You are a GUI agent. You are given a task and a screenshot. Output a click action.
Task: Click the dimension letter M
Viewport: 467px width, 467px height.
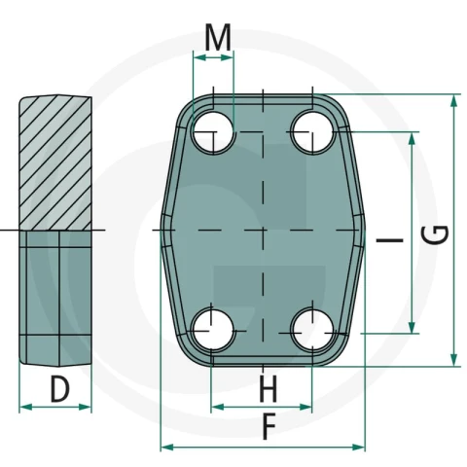coord(218,37)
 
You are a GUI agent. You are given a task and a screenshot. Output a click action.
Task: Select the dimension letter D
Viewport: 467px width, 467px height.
coord(60,389)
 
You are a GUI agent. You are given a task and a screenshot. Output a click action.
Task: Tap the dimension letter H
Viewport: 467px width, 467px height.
coord(269,388)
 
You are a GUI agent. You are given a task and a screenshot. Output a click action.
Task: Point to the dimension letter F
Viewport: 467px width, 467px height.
coord(269,427)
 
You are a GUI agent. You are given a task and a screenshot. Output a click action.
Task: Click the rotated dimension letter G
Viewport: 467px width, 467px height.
coord(436,234)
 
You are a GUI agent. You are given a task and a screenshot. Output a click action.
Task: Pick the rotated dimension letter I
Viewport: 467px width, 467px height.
coord(389,240)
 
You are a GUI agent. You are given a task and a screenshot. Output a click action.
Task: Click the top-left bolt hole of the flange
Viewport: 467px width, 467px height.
coord(213,132)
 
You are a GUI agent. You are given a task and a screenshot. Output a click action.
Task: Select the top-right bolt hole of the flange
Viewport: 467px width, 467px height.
coord(312,132)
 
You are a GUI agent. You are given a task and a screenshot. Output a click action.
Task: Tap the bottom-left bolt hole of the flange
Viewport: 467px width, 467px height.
coord(212,331)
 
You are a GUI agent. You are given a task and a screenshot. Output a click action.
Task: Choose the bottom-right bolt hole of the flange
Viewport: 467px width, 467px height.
coord(312,331)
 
